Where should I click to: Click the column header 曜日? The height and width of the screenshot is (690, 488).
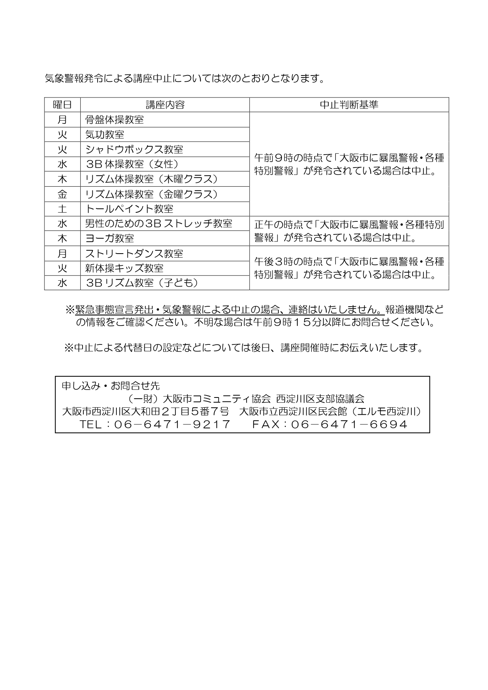62,105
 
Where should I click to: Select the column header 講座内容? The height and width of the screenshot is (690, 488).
165,105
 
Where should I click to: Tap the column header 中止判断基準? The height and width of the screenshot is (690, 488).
349,105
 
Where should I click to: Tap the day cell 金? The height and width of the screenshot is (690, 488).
62,194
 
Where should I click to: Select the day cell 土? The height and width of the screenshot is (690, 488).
62,209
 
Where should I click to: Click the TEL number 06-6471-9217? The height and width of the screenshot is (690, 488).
172,424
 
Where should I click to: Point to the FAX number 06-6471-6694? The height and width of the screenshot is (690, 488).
349,424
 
